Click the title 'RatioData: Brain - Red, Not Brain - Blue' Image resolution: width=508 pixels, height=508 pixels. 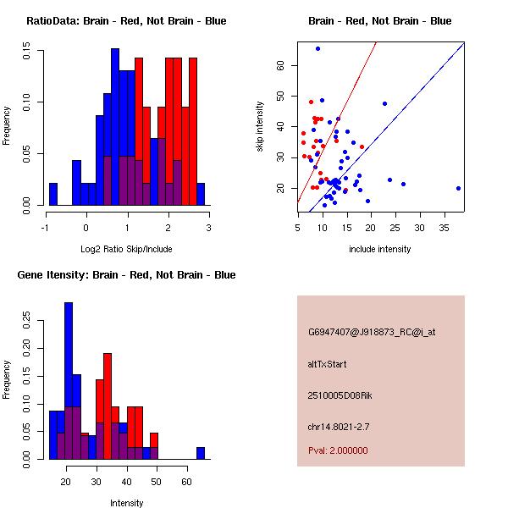coord(126,20)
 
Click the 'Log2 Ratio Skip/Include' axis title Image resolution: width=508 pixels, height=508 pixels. coord(127,249)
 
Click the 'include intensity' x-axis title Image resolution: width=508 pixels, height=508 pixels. coord(380,249)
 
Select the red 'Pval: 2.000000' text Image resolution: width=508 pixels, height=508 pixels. coord(342,451)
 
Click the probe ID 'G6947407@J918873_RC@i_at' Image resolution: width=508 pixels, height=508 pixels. coord(372,333)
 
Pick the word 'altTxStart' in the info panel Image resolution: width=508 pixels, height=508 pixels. coord(327,364)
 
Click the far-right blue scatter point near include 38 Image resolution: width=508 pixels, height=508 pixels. coord(458,189)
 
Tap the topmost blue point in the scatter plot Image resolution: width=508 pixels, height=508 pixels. coord(317,48)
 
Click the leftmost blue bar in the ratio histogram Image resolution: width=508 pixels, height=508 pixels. coord(53,194)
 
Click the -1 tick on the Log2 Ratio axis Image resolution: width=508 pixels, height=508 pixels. coord(45,228)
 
